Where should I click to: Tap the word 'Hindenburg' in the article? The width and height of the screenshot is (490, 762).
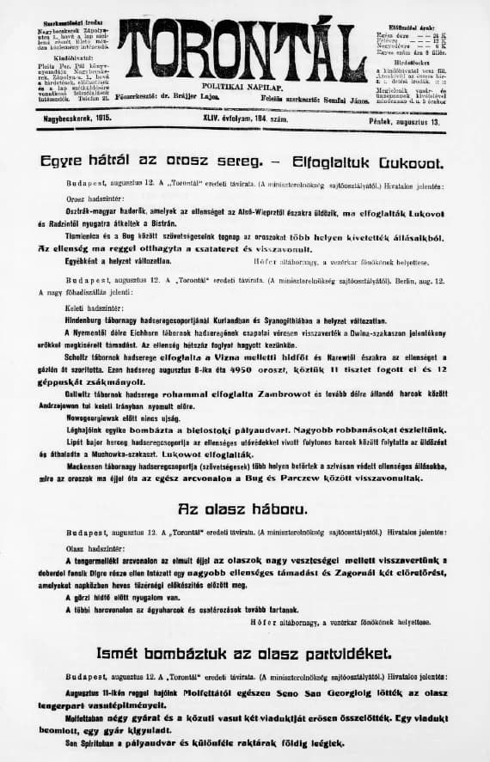(92, 318)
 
